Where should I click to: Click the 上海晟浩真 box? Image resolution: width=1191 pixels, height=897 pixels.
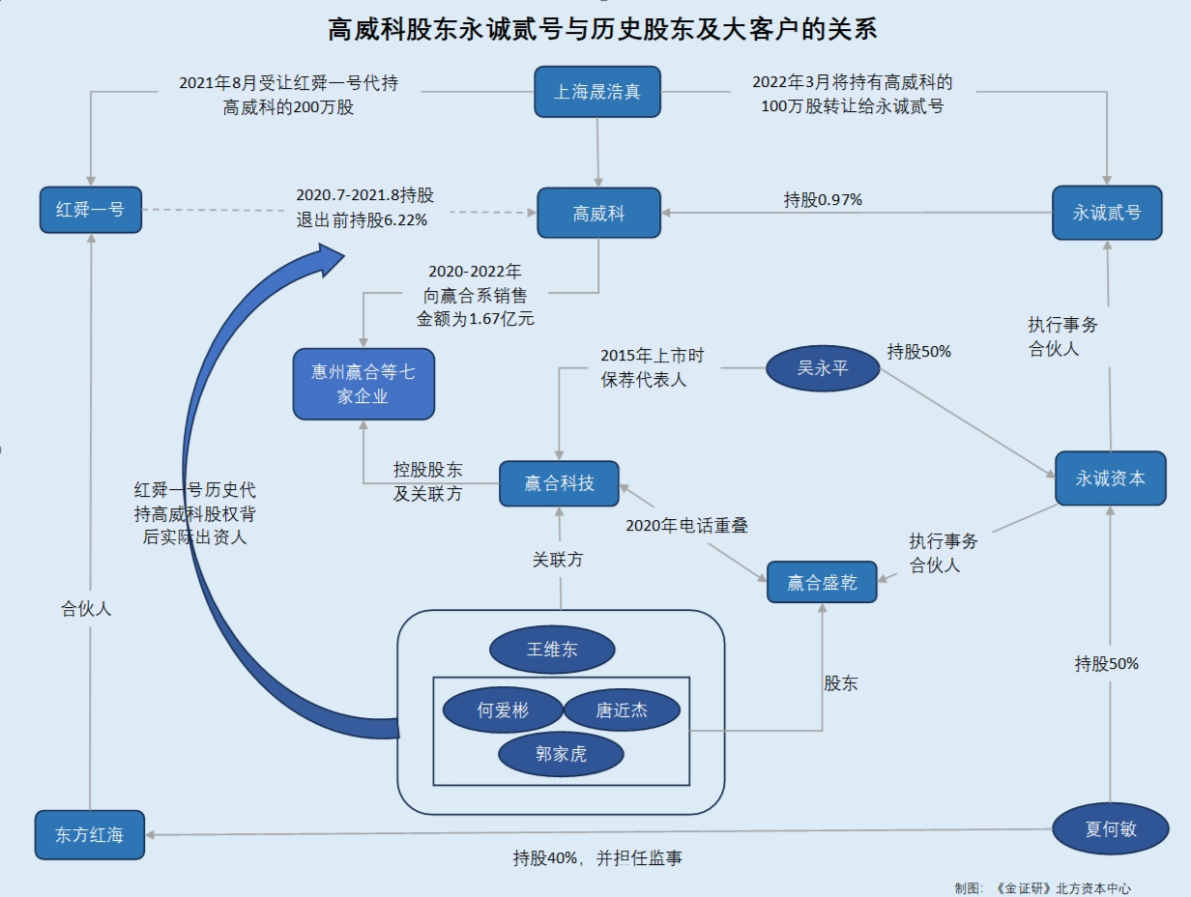pos(597,92)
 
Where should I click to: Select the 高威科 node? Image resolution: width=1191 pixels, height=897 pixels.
pos(598,213)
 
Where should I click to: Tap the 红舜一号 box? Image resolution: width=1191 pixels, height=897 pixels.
pos(90,210)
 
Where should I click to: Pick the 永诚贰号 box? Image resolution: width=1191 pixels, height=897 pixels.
pos(1107,212)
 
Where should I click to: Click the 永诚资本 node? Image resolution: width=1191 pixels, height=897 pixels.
pos(1110,477)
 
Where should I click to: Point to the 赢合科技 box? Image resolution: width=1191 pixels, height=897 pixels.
pos(559,483)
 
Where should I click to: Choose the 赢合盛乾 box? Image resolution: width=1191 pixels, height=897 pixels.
pos(822,582)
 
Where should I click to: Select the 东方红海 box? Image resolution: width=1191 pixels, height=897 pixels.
pos(89,835)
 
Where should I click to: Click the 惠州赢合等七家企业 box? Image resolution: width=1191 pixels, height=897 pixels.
pos(363,384)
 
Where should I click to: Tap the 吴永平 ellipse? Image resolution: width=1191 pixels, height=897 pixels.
pos(823,369)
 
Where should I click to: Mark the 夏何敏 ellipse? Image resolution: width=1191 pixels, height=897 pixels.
pos(1111,828)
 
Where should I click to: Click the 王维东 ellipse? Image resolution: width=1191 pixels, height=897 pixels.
pos(552,650)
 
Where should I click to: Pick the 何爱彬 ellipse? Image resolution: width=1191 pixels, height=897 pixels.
pos(503,711)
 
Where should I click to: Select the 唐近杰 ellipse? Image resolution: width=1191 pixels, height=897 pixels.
pos(622,711)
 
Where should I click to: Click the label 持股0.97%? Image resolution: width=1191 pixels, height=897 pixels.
pos(823,200)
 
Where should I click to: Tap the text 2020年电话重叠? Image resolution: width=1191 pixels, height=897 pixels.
pos(686,526)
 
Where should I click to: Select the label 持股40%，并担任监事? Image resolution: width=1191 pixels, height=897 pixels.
pos(596,857)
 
